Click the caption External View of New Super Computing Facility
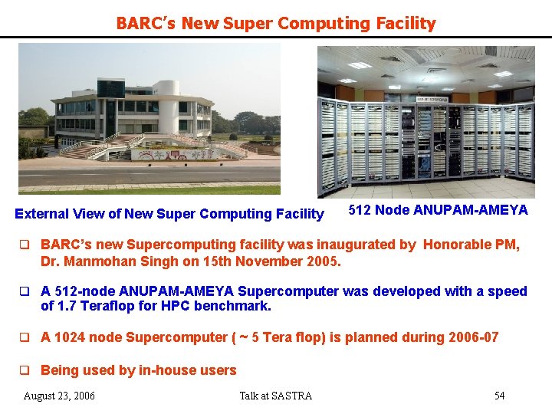click(169, 214)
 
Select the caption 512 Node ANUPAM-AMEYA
click(438, 210)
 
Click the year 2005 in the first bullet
click(323, 261)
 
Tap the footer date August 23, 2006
click(60, 396)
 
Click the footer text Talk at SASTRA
click(276, 396)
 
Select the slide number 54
click(499, 396)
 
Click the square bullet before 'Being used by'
click(24, 370)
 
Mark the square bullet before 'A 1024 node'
click(24, 337)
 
